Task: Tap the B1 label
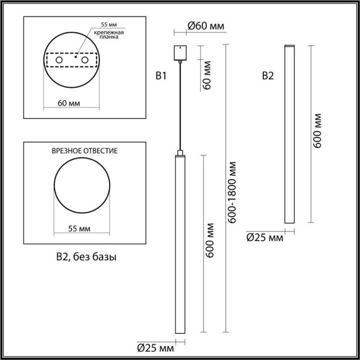pyautogui.click(x=161, y=77)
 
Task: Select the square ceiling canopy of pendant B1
pyautogui.click(x=180, y=53)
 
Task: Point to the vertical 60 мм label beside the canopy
pyautogui.click(x=207, y=76)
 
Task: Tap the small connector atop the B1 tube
pyautogui.click(x=180, y=152)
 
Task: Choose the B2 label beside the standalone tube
pyautogui.click(x=268, y=77)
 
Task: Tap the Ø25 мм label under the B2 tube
pyautogui.click(x=265, y=237)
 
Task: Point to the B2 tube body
pyautogui.click(x=290, y=134)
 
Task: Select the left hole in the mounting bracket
pyautogui.click(x=59, y=61)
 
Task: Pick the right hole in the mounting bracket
pyautogui.click(x=83, y=61)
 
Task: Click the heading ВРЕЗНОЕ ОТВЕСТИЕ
pyautogui.click(x=85, y=151)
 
